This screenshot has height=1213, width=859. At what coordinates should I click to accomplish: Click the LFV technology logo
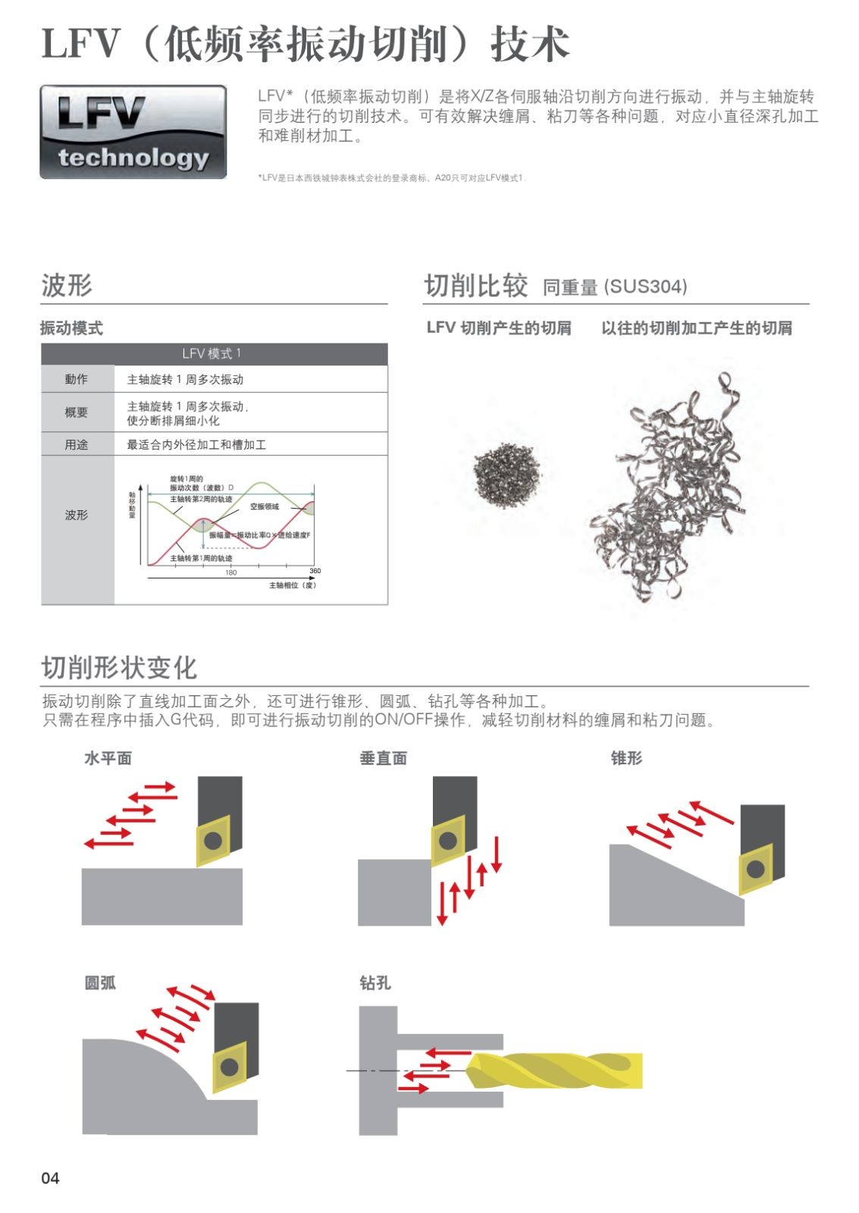pos(133,132)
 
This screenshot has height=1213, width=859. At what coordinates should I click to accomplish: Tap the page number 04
pos(50,1177)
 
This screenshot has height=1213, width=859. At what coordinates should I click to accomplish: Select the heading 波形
pos(67,286)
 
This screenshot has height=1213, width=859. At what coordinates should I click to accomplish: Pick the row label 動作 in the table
pos(76,379)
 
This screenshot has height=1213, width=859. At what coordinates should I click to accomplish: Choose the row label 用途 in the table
pos(76,445)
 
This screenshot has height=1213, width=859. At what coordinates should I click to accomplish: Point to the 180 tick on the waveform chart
pos(230,572)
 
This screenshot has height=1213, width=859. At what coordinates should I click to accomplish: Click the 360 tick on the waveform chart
pos(315,571)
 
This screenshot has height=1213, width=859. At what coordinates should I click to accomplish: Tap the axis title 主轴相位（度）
pos(293,585)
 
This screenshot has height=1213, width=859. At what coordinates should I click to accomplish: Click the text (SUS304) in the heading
pos(646,287)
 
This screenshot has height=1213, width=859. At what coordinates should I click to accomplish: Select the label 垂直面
pos(383,758)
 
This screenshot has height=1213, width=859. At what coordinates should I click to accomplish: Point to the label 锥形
pos(626,758)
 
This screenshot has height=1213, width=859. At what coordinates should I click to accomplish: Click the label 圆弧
pos(100,983)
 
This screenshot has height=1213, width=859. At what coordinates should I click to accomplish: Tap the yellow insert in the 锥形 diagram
pos(755,869)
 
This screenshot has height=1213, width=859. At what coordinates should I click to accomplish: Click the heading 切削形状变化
pos(119,668)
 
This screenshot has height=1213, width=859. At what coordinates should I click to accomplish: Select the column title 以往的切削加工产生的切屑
pos(696,328)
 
